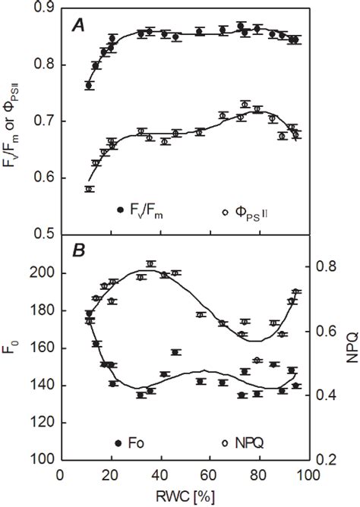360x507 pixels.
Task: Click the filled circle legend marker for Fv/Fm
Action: pyautogui.click(x=120, y=210)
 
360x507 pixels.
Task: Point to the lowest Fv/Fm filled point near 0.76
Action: pyautogui.click(x=89, y=86)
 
